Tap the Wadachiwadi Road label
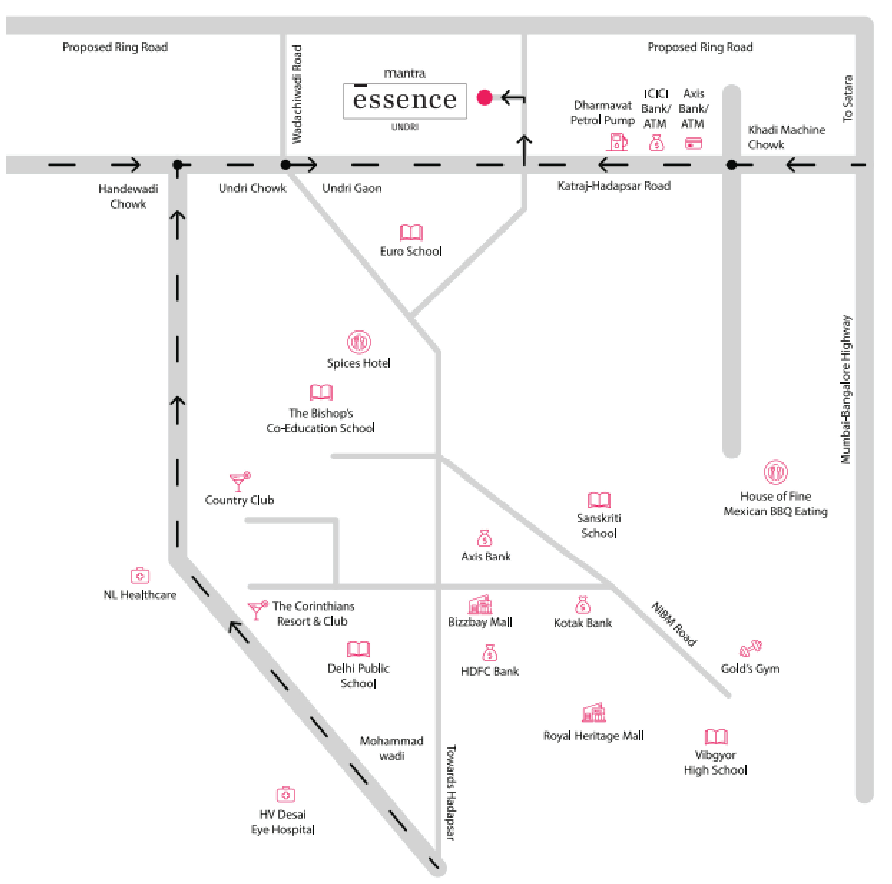coord(297,94)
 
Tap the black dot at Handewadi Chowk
coord(178,165)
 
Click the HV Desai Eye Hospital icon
coord(285,794)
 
